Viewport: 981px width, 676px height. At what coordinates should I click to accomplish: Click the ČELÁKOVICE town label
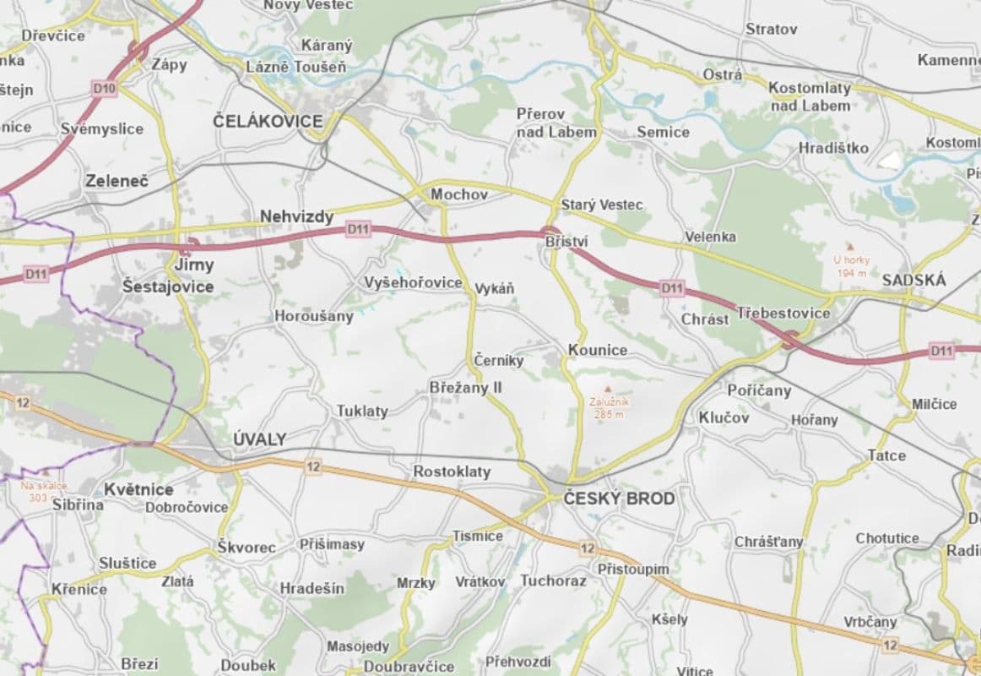coord(268,122)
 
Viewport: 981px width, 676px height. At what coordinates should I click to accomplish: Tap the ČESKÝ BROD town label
coord(619,499)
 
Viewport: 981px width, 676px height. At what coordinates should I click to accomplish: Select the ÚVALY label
coord(259,439)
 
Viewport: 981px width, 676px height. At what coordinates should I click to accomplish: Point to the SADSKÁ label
coord(914,281)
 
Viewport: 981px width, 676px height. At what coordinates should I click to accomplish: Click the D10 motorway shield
coord(104,87)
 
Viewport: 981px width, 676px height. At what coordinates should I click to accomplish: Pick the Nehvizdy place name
coord(296,217)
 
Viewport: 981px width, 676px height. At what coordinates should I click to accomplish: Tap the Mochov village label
coord(459,195)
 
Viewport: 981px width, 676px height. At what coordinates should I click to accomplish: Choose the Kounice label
coord(598,350)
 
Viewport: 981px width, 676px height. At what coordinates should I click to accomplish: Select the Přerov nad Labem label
coord(556,123)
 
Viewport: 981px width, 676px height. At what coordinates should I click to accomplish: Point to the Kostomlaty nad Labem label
coord(810,96)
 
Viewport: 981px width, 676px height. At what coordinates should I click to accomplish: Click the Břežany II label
coord(466,387)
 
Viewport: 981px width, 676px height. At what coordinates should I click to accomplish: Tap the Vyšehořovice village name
coord(413,282)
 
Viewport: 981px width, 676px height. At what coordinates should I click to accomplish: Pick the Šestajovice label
coord(168,286)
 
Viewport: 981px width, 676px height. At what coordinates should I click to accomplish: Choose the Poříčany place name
coord(759,390)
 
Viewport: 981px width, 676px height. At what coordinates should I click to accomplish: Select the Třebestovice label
coord(783,313)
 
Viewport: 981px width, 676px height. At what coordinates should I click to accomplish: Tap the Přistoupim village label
coord(633,569)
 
